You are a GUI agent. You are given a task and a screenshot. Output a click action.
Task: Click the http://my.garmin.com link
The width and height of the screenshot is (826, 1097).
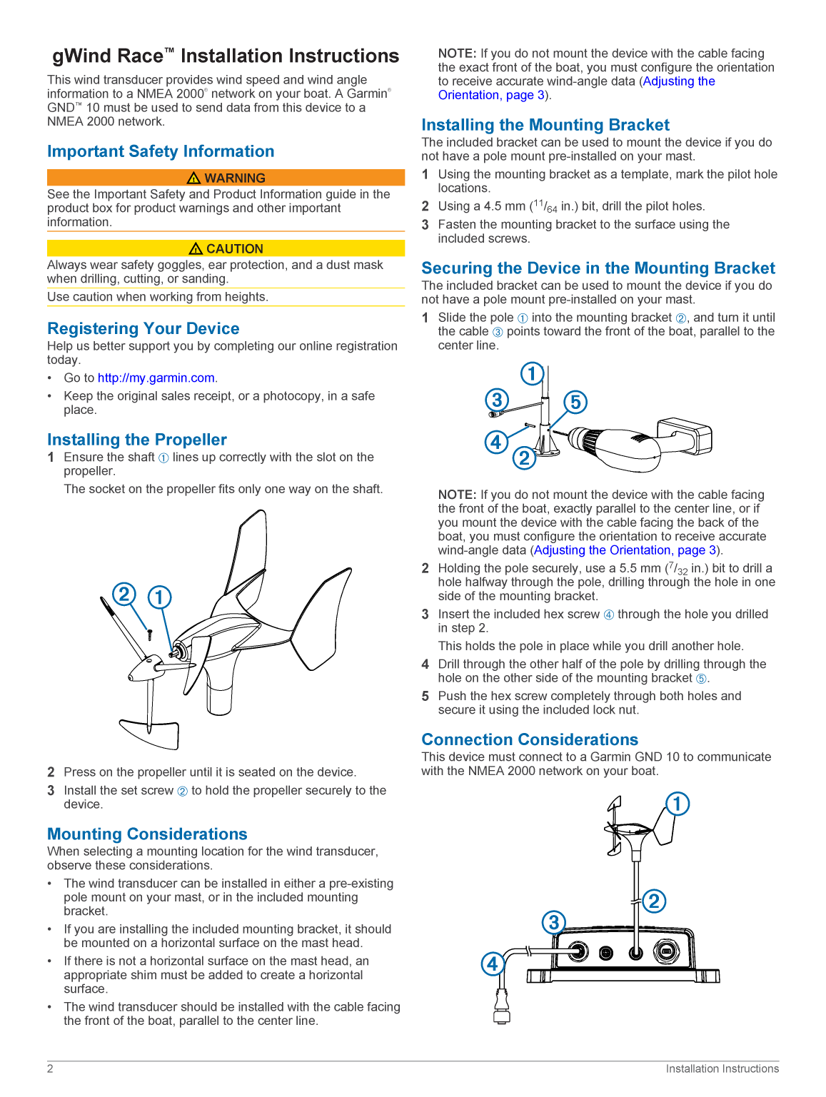[x=156, y=378]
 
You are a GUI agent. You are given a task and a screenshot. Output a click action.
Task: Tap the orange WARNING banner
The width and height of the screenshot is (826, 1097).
[x=226, y=178]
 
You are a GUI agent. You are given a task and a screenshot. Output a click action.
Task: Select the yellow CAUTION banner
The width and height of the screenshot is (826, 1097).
[x=226, y=248]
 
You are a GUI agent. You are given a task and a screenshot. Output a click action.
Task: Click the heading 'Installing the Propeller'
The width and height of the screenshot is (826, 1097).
[x=137, y=440]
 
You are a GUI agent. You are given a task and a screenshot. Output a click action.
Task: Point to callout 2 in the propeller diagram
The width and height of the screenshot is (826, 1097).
[x=124, y=594]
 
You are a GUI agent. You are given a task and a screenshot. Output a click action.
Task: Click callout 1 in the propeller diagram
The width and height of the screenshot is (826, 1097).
[x=159, y=597]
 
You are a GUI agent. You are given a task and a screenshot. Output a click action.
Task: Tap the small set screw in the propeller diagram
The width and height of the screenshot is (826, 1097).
[x=149, y=635]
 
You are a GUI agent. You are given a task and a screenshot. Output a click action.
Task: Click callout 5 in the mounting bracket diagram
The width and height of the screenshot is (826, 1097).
[x=575, y=402]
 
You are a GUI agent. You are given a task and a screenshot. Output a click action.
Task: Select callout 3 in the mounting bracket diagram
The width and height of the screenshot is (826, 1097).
[x=497, y=400]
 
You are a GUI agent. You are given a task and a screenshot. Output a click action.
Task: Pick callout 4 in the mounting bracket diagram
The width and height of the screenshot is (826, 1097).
[x=495, y=442]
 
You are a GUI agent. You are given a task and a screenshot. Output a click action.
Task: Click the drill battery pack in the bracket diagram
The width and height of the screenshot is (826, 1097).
[x=684, y=436]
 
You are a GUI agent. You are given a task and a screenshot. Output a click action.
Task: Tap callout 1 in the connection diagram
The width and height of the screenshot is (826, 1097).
[x=677, y=804]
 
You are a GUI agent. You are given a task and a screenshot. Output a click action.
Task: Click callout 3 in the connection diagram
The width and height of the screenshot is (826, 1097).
[x=554, y=922]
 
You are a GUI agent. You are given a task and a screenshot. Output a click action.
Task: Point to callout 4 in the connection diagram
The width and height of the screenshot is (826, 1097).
[x=493, y=964]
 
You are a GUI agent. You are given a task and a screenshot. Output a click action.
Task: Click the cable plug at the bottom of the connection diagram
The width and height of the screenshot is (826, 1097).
[x=502, y=1006]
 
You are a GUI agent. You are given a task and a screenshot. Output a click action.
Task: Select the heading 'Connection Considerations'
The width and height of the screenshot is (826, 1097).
[x=530, y=739]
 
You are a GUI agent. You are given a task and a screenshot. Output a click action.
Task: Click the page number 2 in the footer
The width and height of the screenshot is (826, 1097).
[x=50, y=1068]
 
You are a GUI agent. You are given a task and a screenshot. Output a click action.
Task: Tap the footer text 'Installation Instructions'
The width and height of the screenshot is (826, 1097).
[x=722, y=1068]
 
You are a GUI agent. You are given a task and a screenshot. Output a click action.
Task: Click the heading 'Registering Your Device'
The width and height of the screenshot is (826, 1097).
[x=143, y=328]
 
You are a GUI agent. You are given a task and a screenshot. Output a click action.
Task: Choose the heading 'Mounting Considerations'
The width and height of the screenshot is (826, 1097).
[x=147, y=834]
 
